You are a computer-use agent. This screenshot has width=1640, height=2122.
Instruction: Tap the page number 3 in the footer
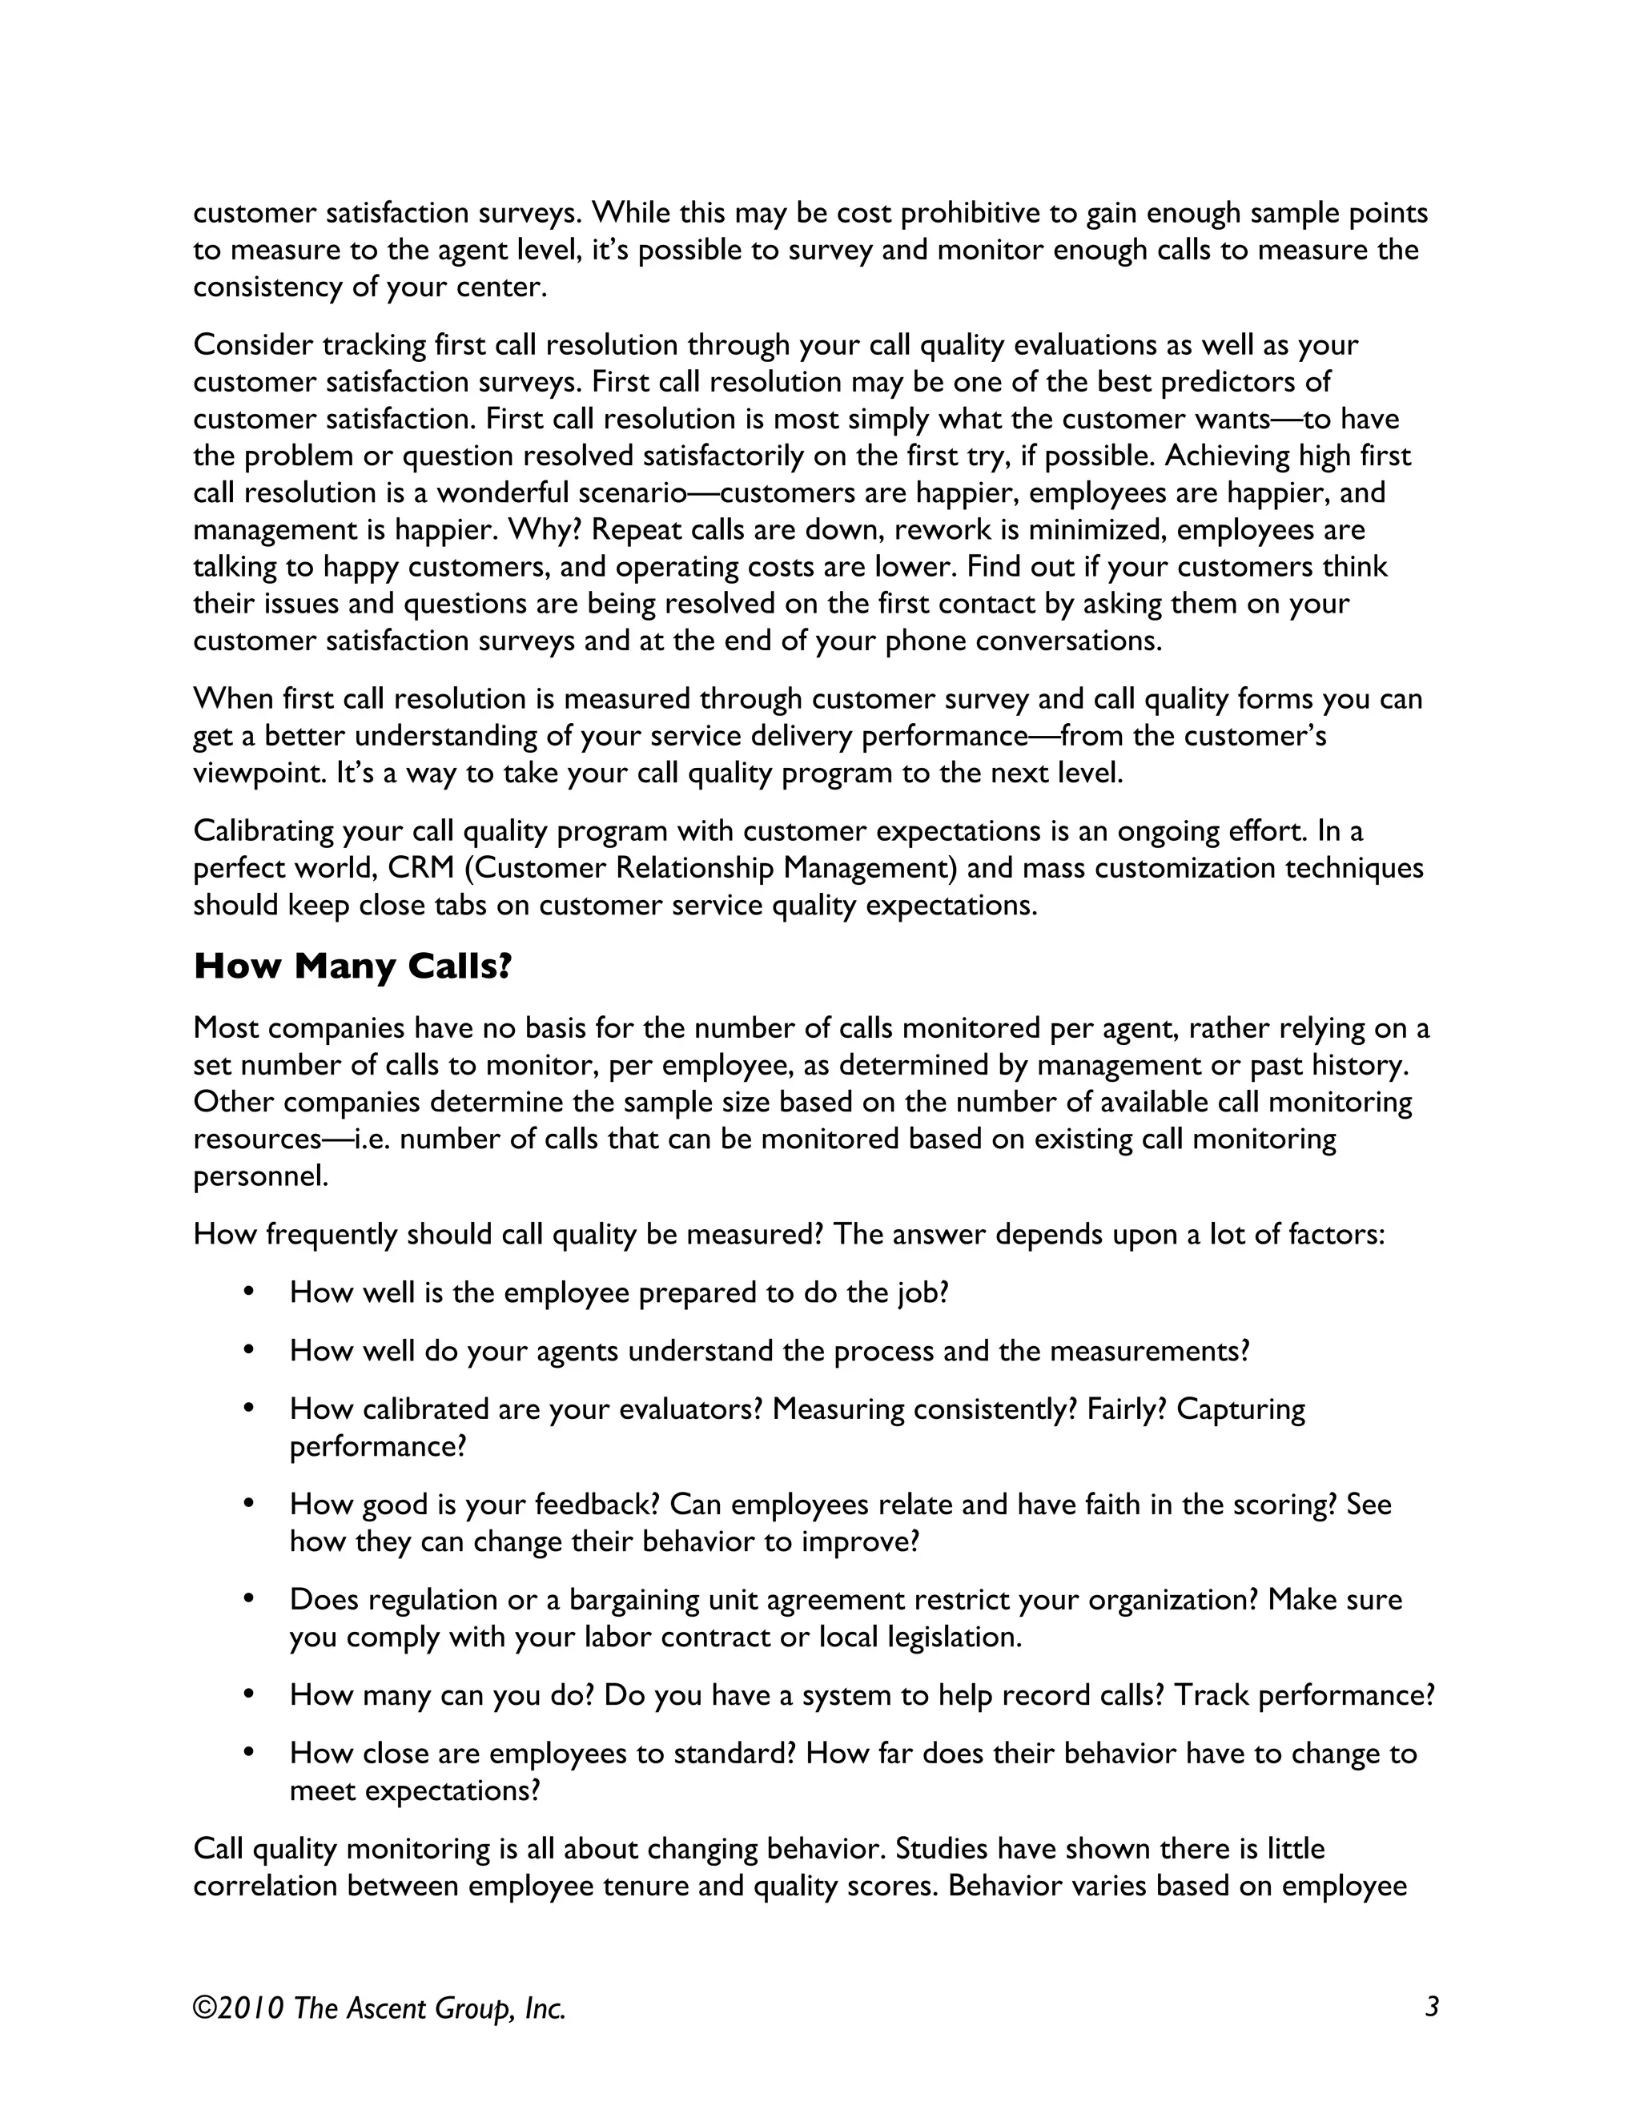pos(1431,2007)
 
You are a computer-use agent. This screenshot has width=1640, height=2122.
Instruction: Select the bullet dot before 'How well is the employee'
pos(249,1292)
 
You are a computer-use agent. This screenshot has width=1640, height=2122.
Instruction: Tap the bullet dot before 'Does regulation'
pos(249,1598)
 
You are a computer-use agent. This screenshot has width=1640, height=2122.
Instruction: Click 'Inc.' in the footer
pos(544,2007)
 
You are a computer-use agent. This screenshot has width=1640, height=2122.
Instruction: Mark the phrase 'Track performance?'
pos(1304,1695)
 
